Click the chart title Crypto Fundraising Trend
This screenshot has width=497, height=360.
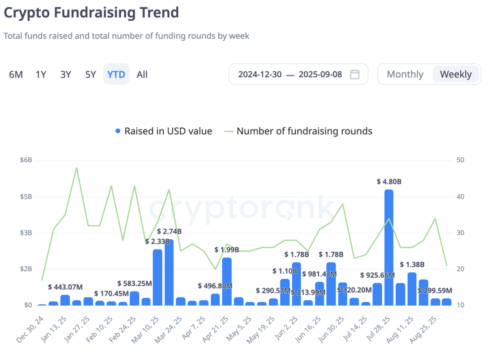point(91,13)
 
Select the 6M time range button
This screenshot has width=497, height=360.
point(16,74)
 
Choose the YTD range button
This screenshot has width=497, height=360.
point(116,74)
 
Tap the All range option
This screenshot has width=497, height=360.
point(142,74)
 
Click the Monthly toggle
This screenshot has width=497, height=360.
point(405,74)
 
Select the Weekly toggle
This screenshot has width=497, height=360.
point(456,74)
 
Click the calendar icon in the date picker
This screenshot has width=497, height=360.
point(355,74)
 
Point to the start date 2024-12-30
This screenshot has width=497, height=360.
point(260,74)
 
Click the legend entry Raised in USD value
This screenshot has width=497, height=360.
point(164,131)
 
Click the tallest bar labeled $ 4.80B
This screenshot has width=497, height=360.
point(389,246)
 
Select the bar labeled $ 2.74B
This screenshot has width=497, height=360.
point(169,272)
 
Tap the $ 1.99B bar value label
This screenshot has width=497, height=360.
point(226,249)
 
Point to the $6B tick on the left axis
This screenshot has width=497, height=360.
point(26,160)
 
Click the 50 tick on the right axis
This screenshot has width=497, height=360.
point(460,160)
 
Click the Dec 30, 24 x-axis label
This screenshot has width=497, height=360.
point(30,329)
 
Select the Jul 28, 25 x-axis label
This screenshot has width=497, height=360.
point(377,329)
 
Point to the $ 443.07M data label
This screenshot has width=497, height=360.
point(65,287)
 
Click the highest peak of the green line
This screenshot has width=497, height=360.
point(76,167)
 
